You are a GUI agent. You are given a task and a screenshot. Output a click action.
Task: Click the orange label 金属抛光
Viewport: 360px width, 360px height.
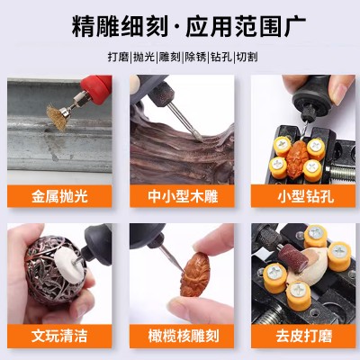click(59, 196)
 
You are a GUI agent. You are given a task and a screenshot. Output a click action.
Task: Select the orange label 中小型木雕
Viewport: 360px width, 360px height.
click(182, 196)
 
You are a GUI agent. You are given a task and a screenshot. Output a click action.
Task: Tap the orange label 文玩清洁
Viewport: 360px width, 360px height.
click(59, 336)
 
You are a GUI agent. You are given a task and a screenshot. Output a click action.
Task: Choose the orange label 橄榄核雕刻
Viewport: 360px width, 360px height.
click(182, 336)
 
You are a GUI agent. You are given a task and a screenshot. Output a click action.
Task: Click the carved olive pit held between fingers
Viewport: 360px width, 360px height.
click(195, 274)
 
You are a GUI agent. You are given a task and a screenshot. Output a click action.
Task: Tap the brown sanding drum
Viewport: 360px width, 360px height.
click(293, 257)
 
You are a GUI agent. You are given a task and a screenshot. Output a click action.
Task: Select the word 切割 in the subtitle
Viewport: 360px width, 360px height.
click(247, 57)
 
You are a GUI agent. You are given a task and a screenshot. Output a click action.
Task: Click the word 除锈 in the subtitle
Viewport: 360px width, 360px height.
click(195, 57)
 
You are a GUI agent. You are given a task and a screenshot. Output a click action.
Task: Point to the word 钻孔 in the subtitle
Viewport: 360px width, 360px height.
click(221, 57)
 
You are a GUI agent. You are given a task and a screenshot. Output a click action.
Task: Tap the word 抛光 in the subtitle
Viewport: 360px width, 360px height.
click(144, 57)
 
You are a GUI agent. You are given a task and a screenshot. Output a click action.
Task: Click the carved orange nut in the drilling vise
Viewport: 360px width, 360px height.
click(297, 159)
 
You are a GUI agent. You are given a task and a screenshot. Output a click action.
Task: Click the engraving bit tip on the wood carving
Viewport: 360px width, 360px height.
click(200, 139)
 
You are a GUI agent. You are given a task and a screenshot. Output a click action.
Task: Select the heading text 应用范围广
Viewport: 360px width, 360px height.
click(246, 26)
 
